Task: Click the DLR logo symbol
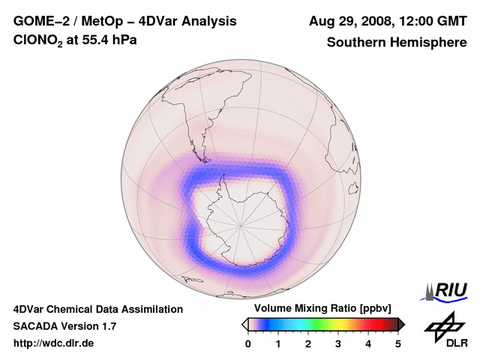tap(443, 325)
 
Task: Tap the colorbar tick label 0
tap(248, 343)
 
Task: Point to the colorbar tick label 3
tap(338, 343)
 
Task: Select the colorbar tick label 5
tap(398, 343)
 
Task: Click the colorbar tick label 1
tap(278, 343)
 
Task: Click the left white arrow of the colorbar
tap(244, 324)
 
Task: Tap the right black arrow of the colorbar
tap(401, 324)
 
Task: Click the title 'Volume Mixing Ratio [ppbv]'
tap(320, 309)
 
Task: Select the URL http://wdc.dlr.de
tap(54, 343)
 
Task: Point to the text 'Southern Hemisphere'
tap(396, 43)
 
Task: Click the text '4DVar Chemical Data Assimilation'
tap(97, 309)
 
